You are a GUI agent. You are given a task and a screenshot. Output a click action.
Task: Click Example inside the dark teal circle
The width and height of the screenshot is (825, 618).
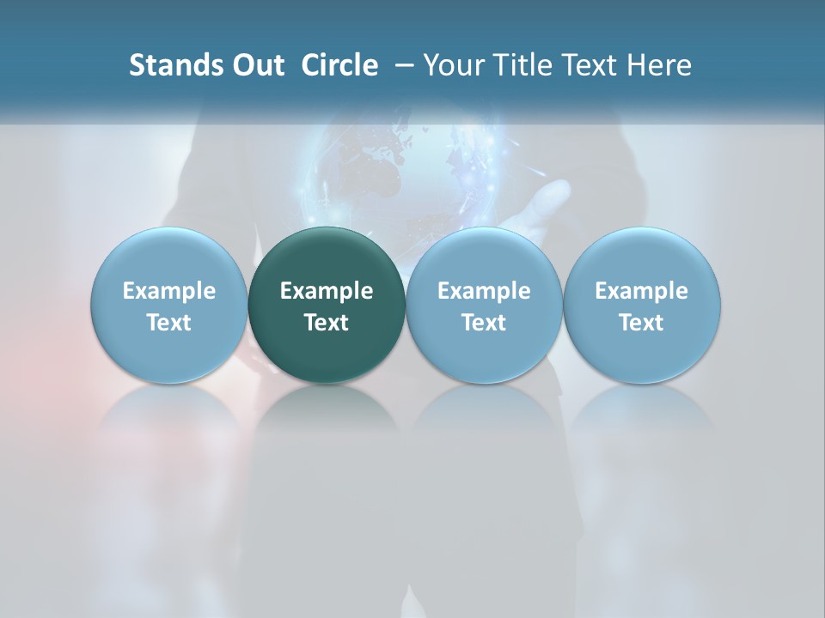click(327, 291)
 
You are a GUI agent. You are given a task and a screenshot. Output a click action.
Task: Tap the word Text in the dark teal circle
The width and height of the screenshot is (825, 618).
click(327, 323)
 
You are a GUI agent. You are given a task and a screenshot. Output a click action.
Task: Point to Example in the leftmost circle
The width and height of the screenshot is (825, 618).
click(168, 291)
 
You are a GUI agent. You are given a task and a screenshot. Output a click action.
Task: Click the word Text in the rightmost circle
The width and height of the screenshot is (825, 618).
click(642, 323)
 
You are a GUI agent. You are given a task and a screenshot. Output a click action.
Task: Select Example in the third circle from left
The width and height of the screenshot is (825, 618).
click(484, 291)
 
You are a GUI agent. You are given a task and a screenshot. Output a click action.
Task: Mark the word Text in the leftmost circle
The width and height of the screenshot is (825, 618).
click(168, 323)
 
